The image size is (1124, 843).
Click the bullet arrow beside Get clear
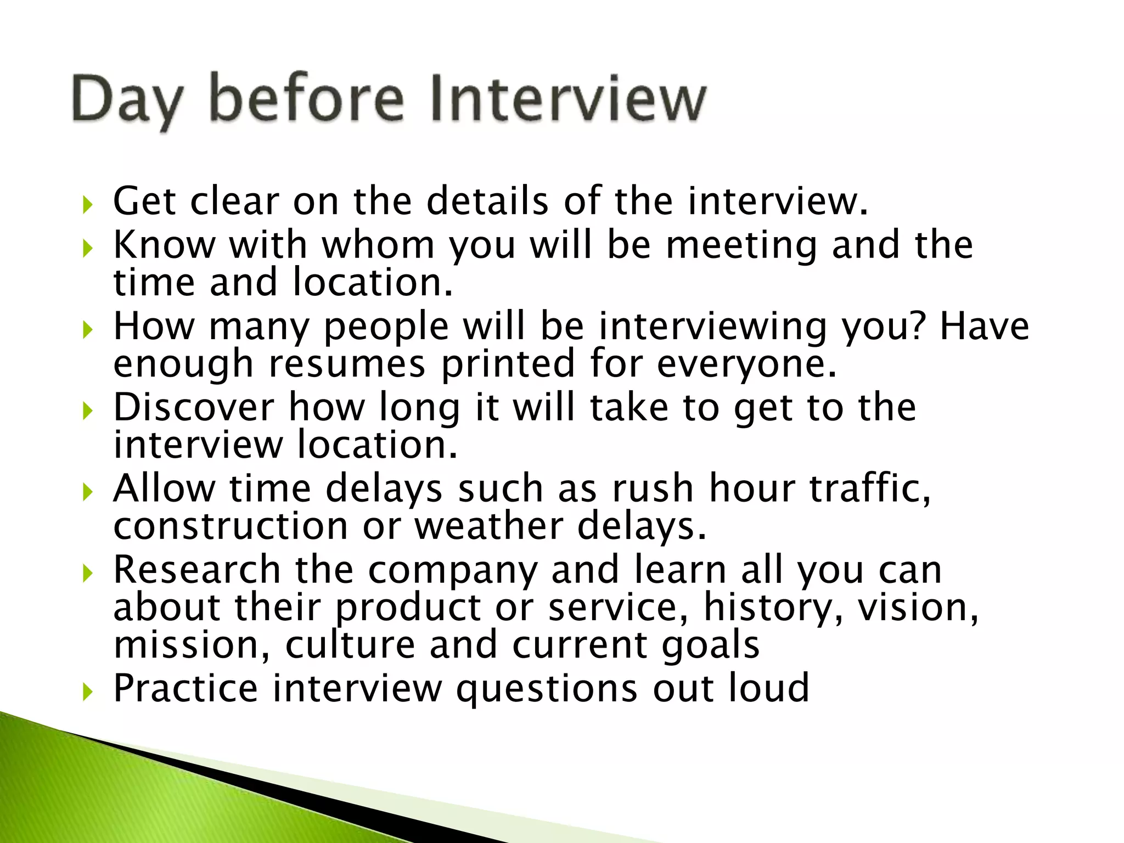click(x=87, y=205)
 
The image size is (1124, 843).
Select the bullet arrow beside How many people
click(x=87, y=330)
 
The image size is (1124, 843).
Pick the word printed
click(x=508, y=364)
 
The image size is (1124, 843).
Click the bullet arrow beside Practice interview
click(x=87, y=692)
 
